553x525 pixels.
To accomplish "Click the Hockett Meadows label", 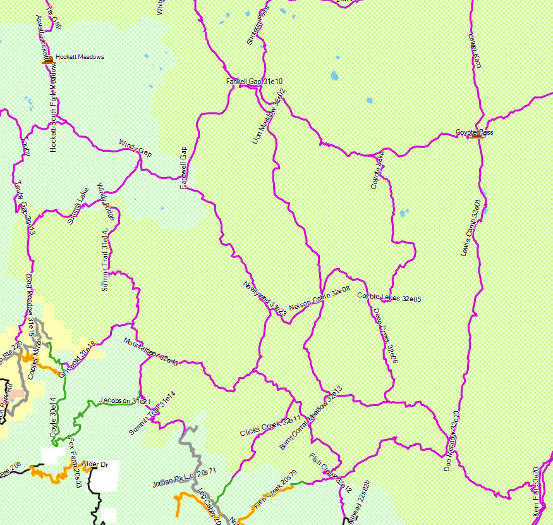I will [x=80, y=57].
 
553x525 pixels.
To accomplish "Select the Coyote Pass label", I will [x=474, y=133].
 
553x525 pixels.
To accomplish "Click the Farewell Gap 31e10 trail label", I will [x=254, y=82].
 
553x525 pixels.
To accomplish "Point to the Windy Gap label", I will [x=136, y=149].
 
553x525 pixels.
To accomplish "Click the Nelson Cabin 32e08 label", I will [x=319, y=299].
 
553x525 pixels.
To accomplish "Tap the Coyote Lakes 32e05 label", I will [x=389, y=297].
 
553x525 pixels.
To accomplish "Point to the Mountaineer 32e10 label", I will [x=150, y=352].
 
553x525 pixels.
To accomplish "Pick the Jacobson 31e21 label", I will [x=125, y=401].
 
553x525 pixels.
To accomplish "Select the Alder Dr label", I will [x=95, y=465].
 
